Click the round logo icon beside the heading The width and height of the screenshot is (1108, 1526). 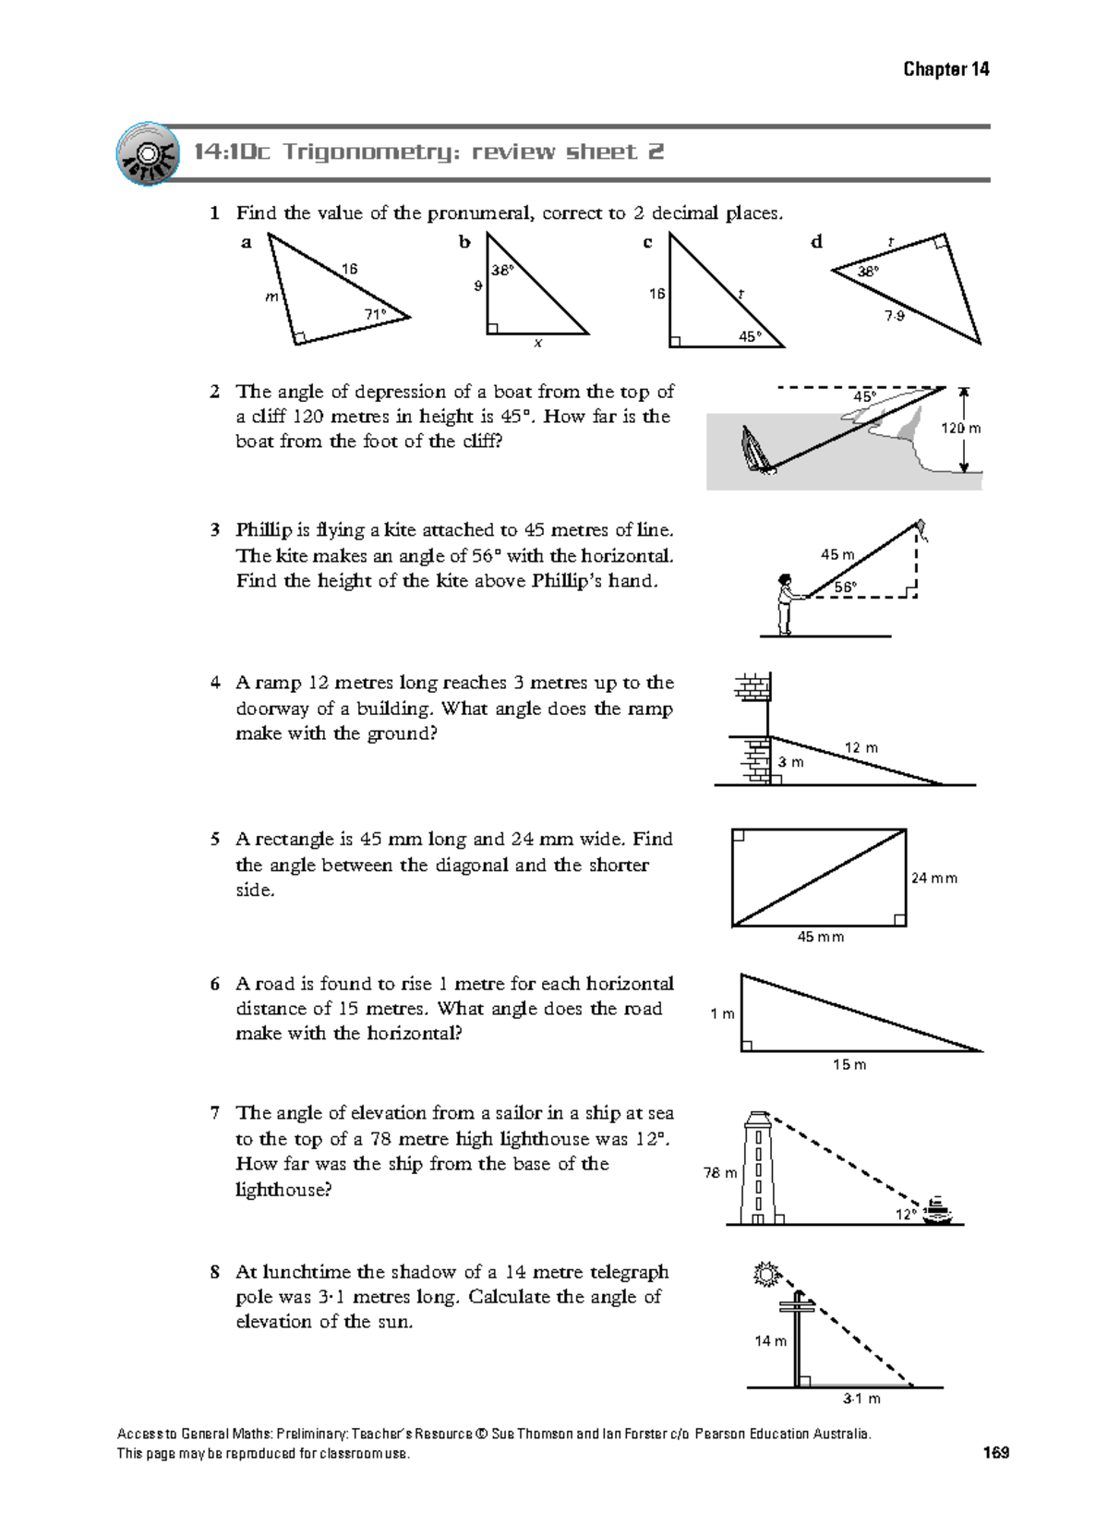[147, 153]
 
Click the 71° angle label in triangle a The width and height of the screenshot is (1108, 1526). [374, 314]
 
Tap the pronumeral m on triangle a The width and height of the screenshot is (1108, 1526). [271, 297]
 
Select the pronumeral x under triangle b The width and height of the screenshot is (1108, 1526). [537, 344]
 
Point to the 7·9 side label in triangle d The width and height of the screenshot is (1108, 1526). [895, 316]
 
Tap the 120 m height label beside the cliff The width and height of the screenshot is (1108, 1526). [960, 429]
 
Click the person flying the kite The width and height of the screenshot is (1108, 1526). [785, 604]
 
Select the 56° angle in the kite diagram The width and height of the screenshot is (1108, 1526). [845, 587]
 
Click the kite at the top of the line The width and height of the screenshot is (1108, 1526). [921, 528]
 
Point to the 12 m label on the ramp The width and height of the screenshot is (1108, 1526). [861, 747]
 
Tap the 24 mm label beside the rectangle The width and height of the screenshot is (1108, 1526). [933, 878]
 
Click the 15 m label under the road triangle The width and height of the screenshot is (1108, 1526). [849, 1065]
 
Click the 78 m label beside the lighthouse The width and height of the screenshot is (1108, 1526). [720, 1173]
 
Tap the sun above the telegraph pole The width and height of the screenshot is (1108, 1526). [766, 1276]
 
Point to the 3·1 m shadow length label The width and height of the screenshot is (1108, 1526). [861, 1399]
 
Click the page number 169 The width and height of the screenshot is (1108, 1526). [995, 1453]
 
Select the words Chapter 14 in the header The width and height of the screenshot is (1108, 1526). [945, 69]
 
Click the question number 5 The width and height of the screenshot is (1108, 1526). [215, 840]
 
